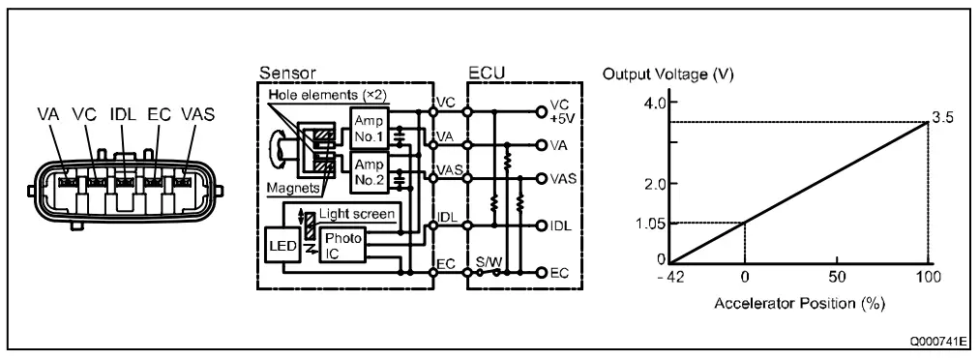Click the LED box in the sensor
(x=282, y=244)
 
